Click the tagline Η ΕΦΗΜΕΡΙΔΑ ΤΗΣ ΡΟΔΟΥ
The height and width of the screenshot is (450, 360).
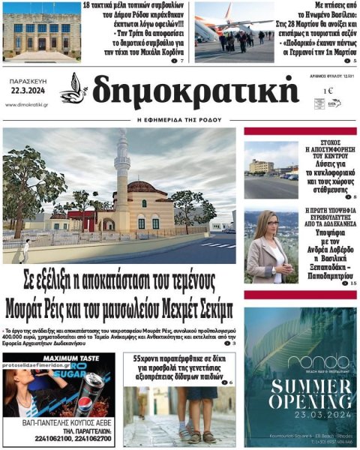(x=180, y=119)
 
